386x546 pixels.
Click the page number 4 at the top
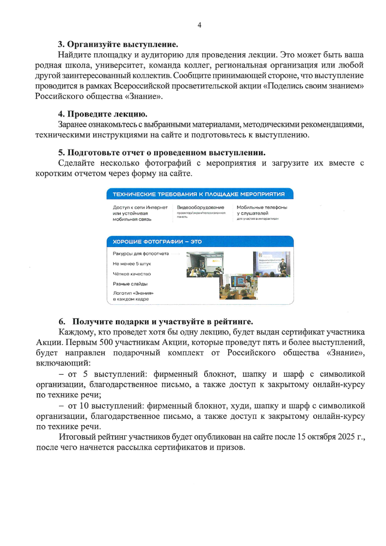click(199, 25)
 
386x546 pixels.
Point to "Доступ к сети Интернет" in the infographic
click(140, 207)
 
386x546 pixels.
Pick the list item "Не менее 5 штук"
click(132, 264)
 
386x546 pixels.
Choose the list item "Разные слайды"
click(130, 283)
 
